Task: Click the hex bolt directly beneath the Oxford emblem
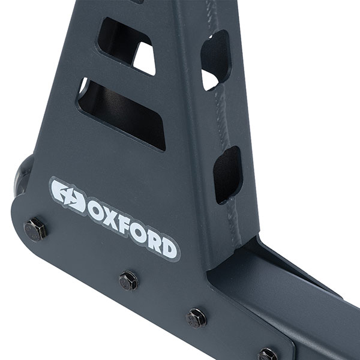[35, 229]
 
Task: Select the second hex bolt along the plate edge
[128, 280]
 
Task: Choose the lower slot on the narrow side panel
[227, 174]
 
